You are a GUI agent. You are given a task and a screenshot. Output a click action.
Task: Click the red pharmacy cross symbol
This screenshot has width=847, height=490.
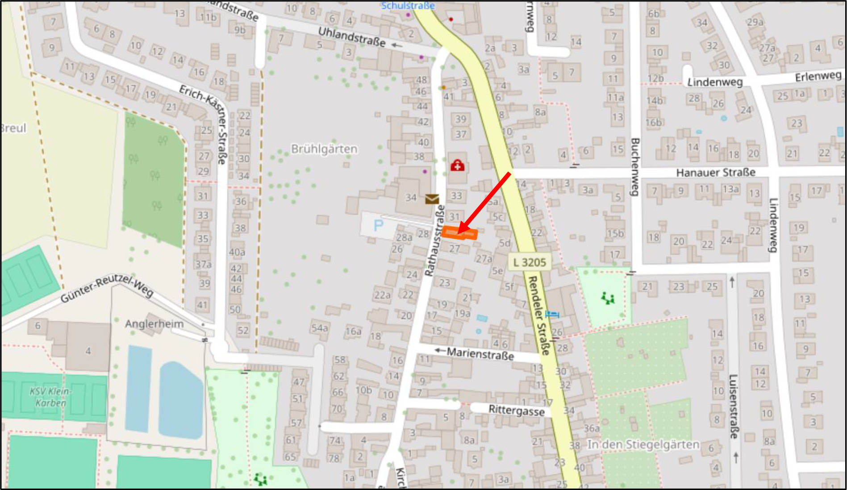coord(457,166)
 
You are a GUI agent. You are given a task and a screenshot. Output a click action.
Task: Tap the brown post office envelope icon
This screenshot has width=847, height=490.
coord(432,199)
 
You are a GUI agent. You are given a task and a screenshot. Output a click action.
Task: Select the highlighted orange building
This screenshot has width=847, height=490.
coord(459,233)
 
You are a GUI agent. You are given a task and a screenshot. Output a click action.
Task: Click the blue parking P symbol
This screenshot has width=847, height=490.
coord(378,225)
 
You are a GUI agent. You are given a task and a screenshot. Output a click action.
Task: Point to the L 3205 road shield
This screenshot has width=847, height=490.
coord(530,262)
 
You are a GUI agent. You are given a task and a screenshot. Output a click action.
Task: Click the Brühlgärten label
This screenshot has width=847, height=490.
coord(324,149)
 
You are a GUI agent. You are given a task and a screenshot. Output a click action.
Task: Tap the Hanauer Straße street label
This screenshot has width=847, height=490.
coord(715,173)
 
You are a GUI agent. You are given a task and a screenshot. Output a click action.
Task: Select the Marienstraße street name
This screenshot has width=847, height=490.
coord(480,354)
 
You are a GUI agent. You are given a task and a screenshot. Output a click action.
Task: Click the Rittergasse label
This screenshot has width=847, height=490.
coord(516,410)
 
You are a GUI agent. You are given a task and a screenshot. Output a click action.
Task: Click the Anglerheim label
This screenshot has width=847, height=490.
coord(154,324)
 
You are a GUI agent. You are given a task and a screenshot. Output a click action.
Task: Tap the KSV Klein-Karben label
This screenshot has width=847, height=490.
coord(50,397)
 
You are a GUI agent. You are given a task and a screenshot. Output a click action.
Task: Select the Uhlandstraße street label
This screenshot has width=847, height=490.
coord(351,37)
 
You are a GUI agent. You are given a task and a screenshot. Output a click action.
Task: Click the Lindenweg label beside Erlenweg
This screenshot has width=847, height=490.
coord(714,82)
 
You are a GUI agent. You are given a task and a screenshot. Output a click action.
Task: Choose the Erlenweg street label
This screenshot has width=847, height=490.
coord(818,77)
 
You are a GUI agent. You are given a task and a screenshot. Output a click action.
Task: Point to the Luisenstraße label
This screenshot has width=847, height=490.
coord(733,406)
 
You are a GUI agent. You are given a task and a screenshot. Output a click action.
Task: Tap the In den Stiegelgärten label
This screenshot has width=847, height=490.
coord(643,444)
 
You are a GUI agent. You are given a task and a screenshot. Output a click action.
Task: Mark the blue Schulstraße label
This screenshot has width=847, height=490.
coord(408,6)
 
